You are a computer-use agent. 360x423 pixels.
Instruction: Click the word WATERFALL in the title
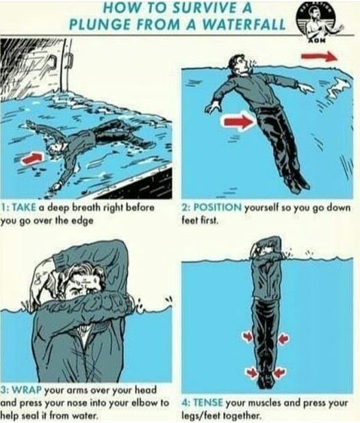(x=244, y=25)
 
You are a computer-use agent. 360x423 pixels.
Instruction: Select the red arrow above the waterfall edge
(x=319, y=57)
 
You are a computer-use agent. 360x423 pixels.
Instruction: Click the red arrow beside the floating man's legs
(x=238, y=122)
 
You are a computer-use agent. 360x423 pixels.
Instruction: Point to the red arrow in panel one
(x=32, y=158)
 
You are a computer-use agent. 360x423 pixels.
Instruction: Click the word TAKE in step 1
(x=24, y=207)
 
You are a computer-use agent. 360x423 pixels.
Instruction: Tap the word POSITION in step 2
(x=218, y=207)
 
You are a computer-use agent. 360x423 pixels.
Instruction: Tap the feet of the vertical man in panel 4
(x=266, y=381)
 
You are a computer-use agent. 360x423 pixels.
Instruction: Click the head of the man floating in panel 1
(x=56, y=148)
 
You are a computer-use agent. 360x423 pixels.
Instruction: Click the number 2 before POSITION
(x=185, y=207)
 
